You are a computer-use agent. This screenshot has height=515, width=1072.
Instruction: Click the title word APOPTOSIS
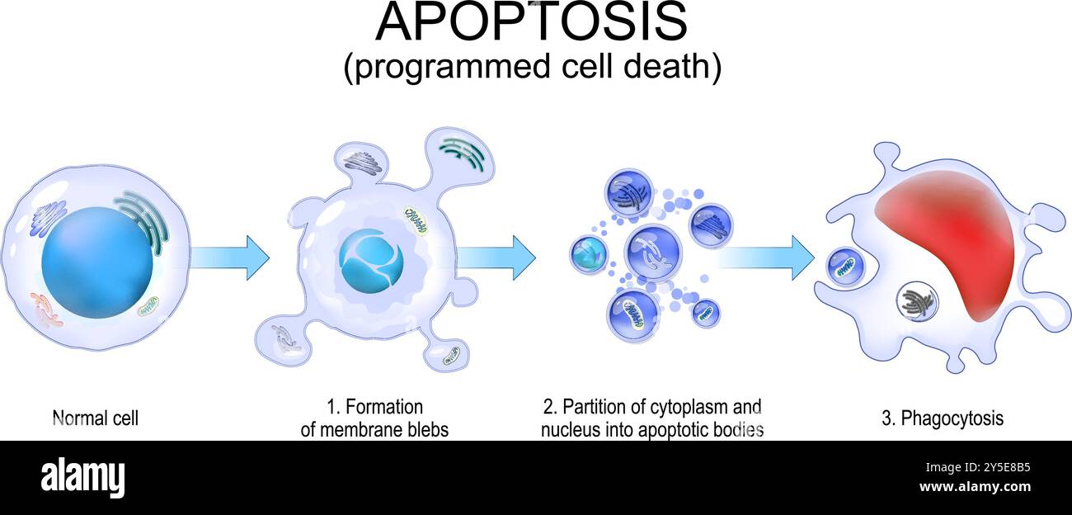(531, 22)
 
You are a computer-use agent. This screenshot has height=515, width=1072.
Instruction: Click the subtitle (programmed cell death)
(532, 68)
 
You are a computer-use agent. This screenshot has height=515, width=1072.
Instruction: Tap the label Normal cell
(95, 418)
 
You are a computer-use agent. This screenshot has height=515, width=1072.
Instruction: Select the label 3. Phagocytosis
(943, 418)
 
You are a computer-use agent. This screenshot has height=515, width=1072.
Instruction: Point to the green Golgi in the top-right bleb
(462, 154)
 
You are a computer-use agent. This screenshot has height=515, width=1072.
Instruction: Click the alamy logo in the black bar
(82, 477)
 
